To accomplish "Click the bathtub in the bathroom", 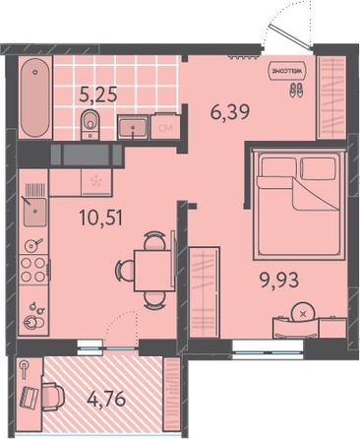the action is click(x=34, y=97).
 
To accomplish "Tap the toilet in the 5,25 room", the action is click(x=90, y=124).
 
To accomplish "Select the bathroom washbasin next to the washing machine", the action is click(x=133, y=127).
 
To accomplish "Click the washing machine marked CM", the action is click(x=165, y=127).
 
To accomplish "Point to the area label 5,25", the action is click(x=98, y=95).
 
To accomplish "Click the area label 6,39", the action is click(x=230, y=112).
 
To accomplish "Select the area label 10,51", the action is click(x=101, y=218).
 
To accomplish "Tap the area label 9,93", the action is click(x=279, y=281).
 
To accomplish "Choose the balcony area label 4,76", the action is click(x=106, y=400).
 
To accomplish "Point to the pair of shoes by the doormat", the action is click(x=296, y=90).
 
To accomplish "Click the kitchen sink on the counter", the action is click(x=34, y=212).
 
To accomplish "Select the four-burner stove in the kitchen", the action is click(x=33, y=270).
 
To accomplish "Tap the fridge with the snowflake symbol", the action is click(x=96, y=182).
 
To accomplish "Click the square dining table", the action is click(x=153, y=271).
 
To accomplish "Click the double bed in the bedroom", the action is click(x=298, y=204).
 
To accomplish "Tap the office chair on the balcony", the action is click(x=52, y=397).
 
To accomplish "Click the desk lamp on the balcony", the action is click(x=25, y=369).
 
